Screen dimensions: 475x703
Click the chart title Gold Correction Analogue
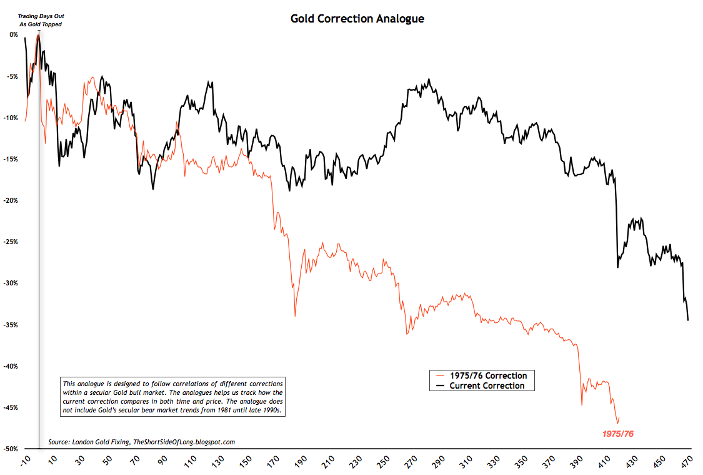[357, 19]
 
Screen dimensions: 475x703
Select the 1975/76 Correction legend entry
[488, 376]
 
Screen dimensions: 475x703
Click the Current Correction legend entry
[487, 386]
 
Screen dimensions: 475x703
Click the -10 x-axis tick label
[24, 461]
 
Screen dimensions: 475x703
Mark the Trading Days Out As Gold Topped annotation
[40, 20]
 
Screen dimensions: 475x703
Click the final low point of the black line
[688, 320]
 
